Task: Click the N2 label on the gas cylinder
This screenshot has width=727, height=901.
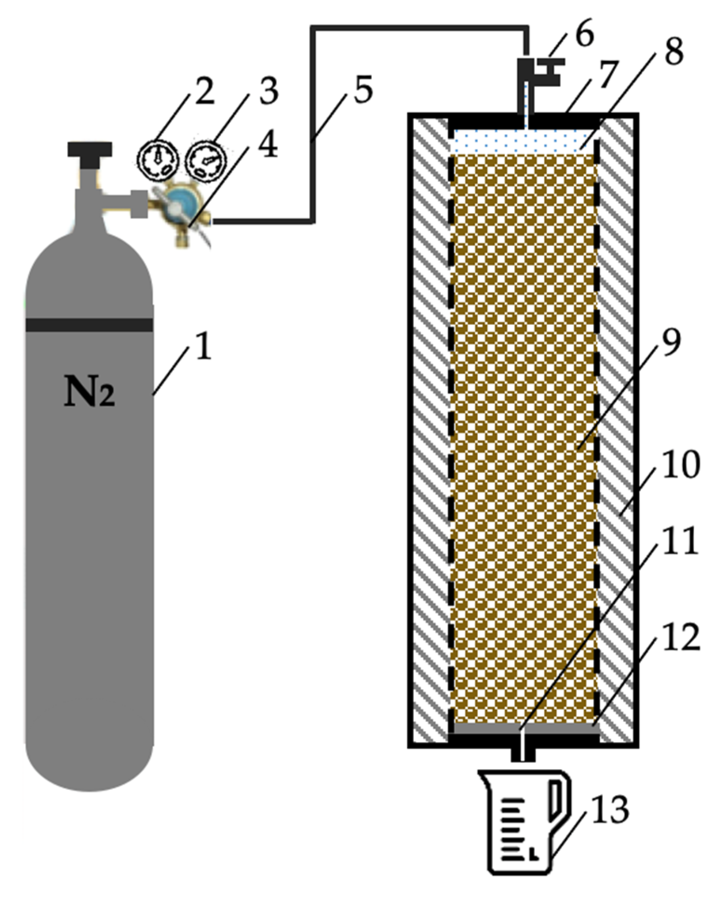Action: [x=89, y=391]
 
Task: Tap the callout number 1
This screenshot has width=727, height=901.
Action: [x=203, y=347]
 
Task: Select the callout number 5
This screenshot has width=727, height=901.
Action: [x=363, y=90]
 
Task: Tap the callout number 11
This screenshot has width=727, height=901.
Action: [x=680, y=541]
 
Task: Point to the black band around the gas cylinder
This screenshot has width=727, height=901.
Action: [x=89, y=325]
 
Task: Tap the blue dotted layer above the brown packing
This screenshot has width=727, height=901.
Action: [x=524, y=140]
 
